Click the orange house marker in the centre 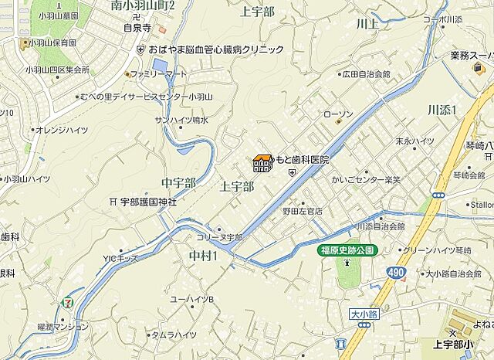(x=262, y=163)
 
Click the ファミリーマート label (x=159, y=74)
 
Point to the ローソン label (x=338, y=115)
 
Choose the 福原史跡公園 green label (x=347, y=250)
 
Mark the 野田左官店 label (x=302, y=210)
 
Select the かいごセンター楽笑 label (x=374, y=180)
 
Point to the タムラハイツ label (x=174, y=335)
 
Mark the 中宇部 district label (x=178, y=182)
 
